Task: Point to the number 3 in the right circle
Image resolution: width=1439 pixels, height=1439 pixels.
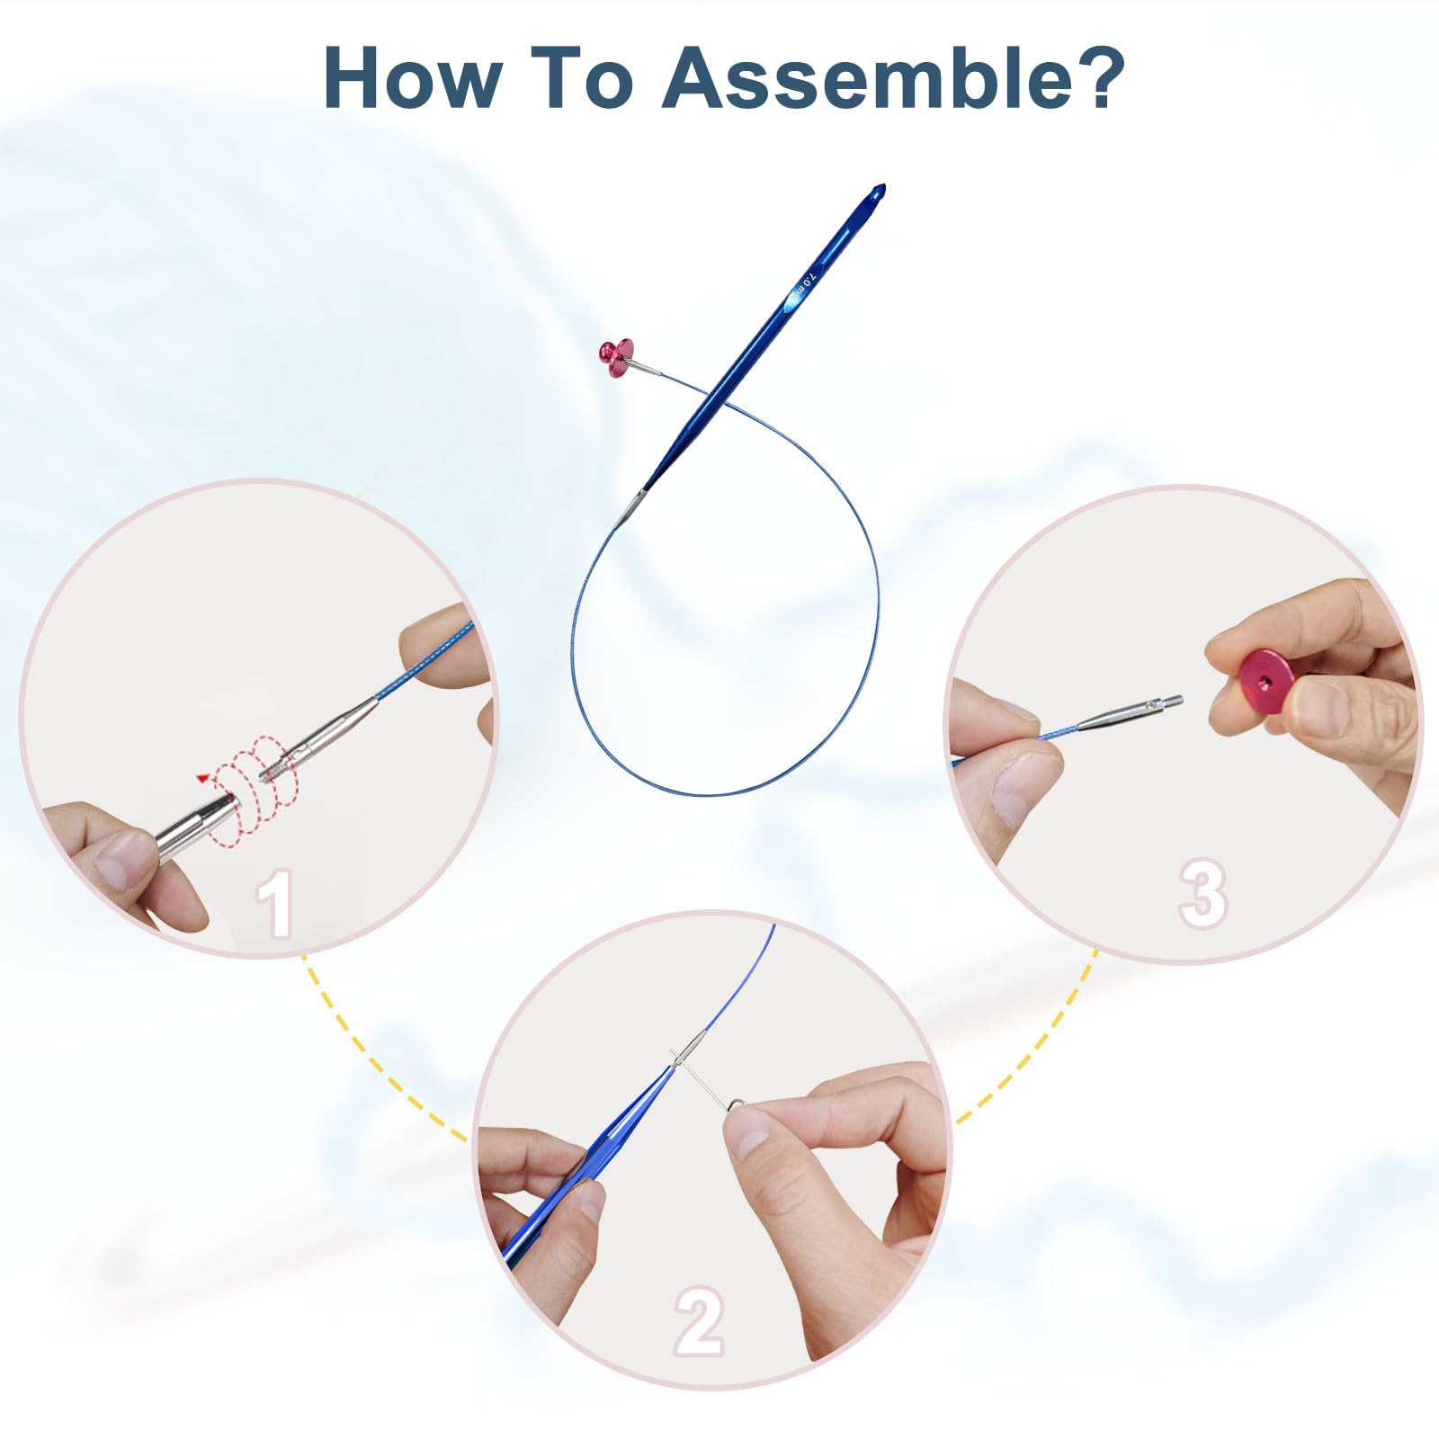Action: [x=1202, y=894]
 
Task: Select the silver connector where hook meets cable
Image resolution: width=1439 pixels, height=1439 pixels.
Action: [x=632, y=506]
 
